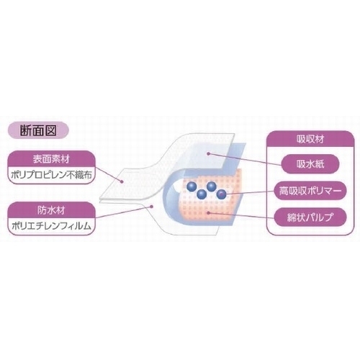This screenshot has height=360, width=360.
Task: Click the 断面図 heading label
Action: tap(38, 130)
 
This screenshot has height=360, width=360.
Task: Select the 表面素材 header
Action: tap(51, 159)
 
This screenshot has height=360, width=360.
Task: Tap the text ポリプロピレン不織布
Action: tap(51, 175)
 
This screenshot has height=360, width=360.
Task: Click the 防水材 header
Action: tap(51, 210)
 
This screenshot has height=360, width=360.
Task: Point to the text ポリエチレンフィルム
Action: tap(51, 226)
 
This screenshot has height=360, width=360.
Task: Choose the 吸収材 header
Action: tap(310, 139)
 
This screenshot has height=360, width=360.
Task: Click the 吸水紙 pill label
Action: tap(310, 164)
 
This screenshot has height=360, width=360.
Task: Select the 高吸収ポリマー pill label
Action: tap(310, 191)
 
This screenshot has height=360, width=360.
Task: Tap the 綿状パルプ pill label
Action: tap(310, 217)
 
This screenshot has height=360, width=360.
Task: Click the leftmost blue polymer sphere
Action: tap(192, 187)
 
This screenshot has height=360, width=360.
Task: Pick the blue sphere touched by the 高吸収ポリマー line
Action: tap(221, 194)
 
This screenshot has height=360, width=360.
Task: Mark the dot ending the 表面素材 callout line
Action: tap(122, 181)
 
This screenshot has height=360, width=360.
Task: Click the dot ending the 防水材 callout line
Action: tap(151, 206)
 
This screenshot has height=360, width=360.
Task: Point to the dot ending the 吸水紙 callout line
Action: tap(209, 153)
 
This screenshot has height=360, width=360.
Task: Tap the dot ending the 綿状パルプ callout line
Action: tap(209, 212)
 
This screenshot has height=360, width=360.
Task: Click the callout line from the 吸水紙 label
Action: tap(245, 159)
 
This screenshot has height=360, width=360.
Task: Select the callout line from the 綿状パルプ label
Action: tap(241, 215)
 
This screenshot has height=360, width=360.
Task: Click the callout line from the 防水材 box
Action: tap(123, 212)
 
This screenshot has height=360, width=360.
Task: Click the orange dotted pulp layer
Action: tap(211, 204)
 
